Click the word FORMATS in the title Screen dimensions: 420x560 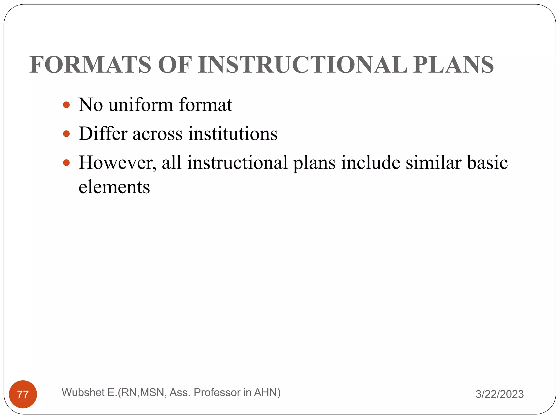90,65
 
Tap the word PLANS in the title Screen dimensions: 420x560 453,65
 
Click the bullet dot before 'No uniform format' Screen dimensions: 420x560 66,105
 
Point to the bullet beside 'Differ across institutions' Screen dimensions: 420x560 66,134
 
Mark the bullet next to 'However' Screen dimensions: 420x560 66,163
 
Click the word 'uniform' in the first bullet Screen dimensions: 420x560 141,105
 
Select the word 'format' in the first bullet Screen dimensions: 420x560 205,105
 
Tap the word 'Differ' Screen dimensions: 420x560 103,134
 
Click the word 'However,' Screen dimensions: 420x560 118,163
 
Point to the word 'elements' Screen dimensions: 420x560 114,188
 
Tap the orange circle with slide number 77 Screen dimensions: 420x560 23,394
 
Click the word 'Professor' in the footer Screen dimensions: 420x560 217,393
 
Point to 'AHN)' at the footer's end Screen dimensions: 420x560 267,393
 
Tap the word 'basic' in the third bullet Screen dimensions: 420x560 487,163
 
